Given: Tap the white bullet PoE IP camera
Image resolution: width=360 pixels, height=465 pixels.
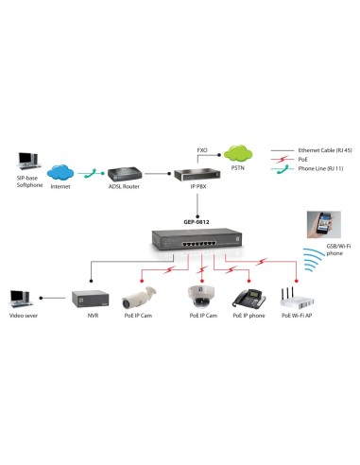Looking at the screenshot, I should tap(139, 300).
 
